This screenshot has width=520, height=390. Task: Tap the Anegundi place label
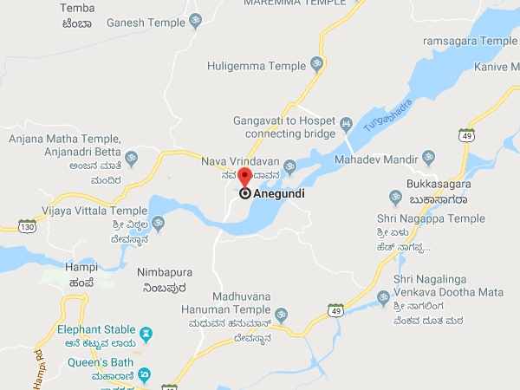[279, 194]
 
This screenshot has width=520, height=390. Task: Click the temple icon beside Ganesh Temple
[195, 22]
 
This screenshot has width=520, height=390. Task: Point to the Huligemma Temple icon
[316, 64]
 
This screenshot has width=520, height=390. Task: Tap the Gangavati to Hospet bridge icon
[346, 124]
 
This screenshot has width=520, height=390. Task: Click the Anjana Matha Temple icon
[131, 159]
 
